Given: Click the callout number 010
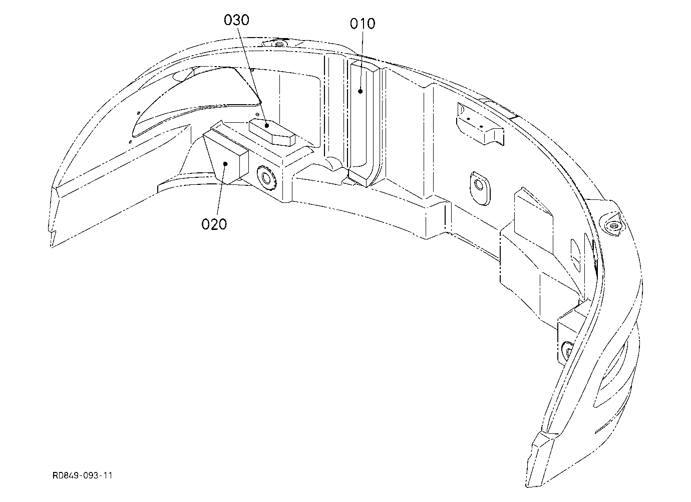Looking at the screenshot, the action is [363, 24].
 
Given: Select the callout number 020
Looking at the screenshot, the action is [214, 224].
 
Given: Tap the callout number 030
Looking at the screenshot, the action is [236, 21].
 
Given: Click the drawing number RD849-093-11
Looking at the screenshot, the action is [82, 475].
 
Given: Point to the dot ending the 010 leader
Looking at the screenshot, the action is [360, 91].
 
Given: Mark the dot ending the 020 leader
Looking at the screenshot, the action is [225, 164].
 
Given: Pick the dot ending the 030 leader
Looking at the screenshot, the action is [267, 125].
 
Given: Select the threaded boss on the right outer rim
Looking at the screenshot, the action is [612, 226].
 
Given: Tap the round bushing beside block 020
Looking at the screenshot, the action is [265, 178].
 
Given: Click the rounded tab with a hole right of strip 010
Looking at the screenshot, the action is [480, 188].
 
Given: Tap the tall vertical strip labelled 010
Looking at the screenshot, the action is [364, 123].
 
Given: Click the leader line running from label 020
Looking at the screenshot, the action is [221, 189].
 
